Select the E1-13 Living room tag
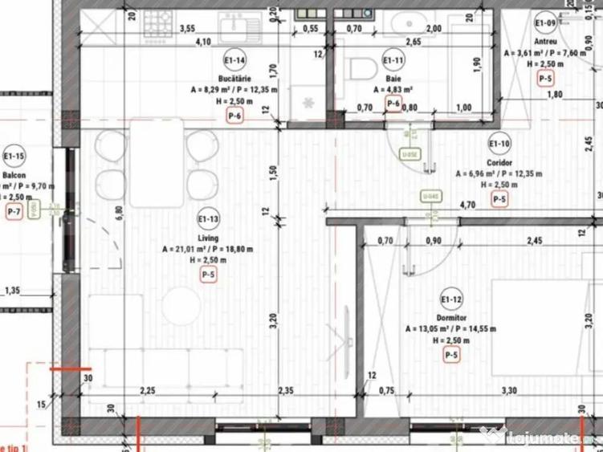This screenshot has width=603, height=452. (208, 218)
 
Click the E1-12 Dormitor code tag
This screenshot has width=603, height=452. (451, 300)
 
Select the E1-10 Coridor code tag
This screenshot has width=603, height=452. (499, 144)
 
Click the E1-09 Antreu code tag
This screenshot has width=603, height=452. (546, 22)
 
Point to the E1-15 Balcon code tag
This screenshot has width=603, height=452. (14, 156)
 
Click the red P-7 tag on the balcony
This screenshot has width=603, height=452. (14, 212)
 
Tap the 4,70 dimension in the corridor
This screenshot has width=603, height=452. (467, 205)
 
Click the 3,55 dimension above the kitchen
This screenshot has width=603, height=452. (187, 28)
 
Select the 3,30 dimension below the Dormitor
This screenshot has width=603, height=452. (508, 391)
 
